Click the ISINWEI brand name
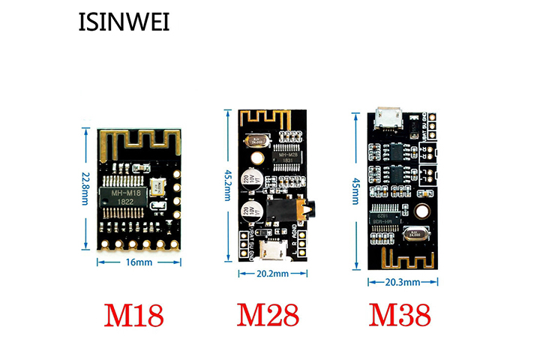(124, 22)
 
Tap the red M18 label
(133, 316)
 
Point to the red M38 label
(402, 316)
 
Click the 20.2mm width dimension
(272, 274)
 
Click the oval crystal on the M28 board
(259, 139)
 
